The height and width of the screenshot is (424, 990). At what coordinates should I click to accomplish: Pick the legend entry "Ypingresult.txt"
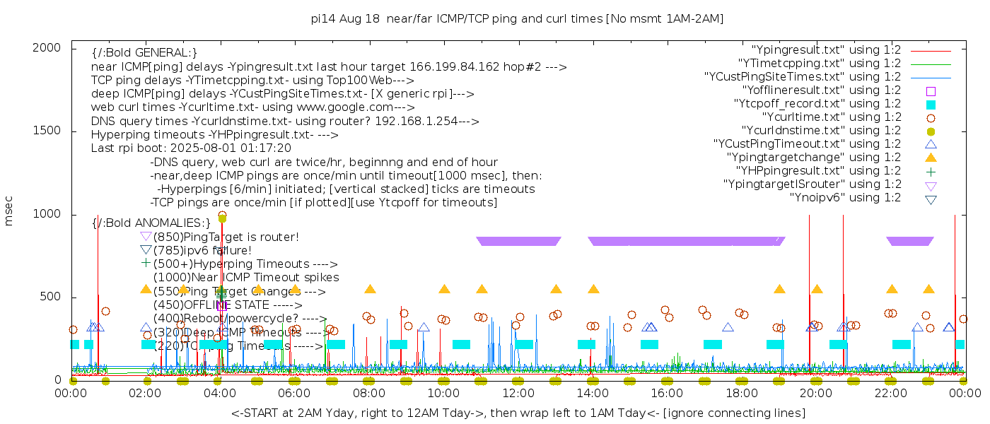click(826, 50)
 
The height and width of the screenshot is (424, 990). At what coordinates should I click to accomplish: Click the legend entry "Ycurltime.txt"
click(832, 117)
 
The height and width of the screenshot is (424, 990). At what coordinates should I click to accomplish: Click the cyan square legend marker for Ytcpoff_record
click(931, 105)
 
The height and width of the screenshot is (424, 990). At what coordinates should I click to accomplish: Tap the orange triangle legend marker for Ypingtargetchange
click(931, 158)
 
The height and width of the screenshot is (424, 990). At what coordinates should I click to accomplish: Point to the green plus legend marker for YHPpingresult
click(931, 171)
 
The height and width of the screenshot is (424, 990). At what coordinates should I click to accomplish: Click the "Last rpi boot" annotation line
click(191, 148)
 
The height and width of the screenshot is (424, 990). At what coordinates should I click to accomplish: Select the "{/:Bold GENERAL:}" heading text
click(144, 53)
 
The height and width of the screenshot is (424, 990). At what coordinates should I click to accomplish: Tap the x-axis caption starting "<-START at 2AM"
click(518, 413)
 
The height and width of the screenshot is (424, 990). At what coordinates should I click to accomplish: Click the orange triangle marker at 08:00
click(370, 289)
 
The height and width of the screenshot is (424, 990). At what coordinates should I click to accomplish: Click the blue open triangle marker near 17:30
click(728, 327)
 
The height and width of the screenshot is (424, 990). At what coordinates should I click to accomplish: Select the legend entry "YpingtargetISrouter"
click(812, 184)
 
